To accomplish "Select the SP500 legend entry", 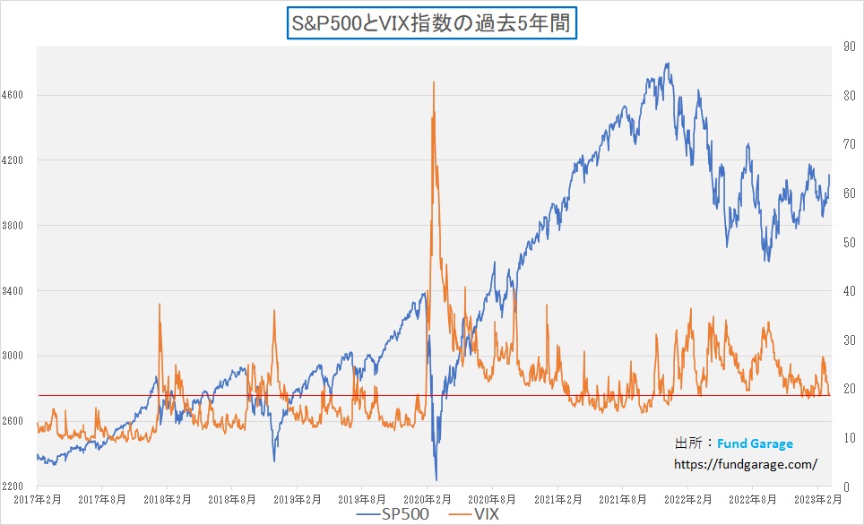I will (391, 515).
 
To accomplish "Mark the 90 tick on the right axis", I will (846, 47).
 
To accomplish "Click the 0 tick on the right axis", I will (843, 486).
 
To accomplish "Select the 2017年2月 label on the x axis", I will (37, 498).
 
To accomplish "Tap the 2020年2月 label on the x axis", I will (428, 498).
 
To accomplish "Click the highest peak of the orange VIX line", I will (434, 82).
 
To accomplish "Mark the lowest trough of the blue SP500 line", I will (436, 479).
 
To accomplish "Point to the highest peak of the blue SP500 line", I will (667, 64).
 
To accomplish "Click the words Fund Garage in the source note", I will (755, 443).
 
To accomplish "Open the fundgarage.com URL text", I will (745, 464).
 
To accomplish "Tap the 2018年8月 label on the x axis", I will (232, 498).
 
